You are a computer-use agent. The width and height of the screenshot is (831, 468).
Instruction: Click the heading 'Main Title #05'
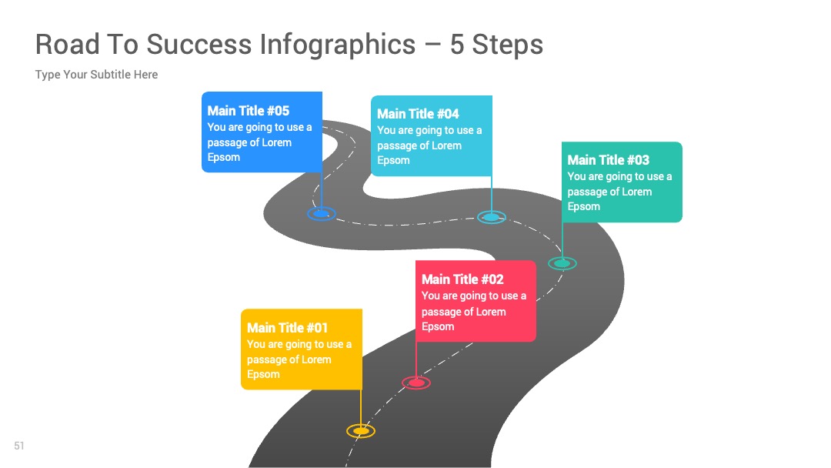(248, 111)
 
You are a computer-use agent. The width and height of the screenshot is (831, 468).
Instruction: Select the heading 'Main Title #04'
(418, 114)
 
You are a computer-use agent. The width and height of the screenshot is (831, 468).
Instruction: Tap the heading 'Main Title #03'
(608, 160)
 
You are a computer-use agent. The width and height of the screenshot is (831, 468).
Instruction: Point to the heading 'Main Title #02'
(462, 279)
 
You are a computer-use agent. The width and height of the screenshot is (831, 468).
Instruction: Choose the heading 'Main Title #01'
(287, 328)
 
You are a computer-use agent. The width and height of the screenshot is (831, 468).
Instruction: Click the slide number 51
(19, 446)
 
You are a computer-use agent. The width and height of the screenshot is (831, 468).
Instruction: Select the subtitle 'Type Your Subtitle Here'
(96, 75)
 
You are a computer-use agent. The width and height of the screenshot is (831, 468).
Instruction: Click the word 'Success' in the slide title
(199, 44)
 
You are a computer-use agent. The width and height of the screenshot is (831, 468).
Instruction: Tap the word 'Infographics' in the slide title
(338, 45)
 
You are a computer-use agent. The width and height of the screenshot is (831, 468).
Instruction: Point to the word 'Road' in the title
(67, 44)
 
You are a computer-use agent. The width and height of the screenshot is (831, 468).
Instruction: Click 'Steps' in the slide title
(507, 45)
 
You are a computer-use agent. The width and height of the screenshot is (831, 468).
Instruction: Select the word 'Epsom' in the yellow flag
(263, 375)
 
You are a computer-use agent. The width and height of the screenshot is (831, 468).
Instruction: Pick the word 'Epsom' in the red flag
(438, 327)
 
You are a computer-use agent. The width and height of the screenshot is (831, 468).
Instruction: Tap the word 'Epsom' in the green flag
(583, 207)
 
